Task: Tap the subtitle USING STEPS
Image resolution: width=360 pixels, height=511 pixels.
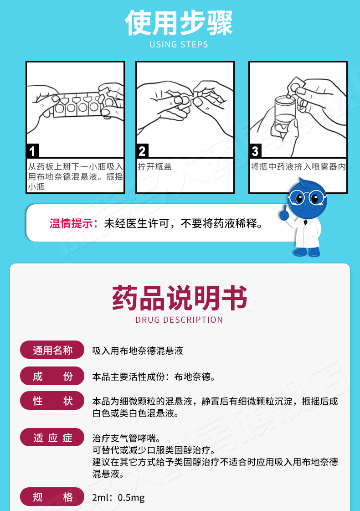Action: (179, 45)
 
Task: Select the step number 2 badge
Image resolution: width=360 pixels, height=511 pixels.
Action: (142, 151)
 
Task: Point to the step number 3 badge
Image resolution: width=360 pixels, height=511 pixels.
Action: (255, 151)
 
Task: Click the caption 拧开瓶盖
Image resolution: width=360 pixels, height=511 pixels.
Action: (155, 167)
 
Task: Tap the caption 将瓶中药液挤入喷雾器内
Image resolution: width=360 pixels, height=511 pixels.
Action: (298, 167)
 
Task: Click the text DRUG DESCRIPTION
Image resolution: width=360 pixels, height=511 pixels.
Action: (180, 320)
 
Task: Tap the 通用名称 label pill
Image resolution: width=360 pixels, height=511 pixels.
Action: (52, 351)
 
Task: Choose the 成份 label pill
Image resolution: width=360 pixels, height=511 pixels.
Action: (52, 376)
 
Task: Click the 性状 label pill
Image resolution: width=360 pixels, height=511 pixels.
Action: (52, 401)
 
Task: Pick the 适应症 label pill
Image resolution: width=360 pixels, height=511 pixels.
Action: (52, 438)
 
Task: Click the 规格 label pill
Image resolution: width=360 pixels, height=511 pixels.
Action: (52, 496)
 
